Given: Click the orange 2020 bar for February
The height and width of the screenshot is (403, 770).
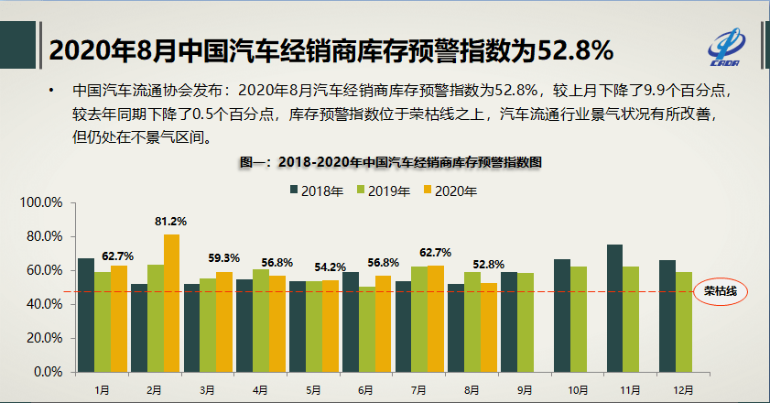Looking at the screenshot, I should (x=171, y=303).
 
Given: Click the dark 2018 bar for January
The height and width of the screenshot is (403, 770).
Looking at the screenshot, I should (x=86, y=315).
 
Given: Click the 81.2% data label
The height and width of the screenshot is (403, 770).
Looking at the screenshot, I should (x=170, y=222).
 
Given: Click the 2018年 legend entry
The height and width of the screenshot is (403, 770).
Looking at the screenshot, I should (x=316, y=191).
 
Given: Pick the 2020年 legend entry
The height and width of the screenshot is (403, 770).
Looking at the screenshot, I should (x=450, y=191).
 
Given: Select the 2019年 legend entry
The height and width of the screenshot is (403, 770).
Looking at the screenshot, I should (x=384, y=191).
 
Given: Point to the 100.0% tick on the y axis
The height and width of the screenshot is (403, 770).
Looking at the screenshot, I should (x=42, y=202).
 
